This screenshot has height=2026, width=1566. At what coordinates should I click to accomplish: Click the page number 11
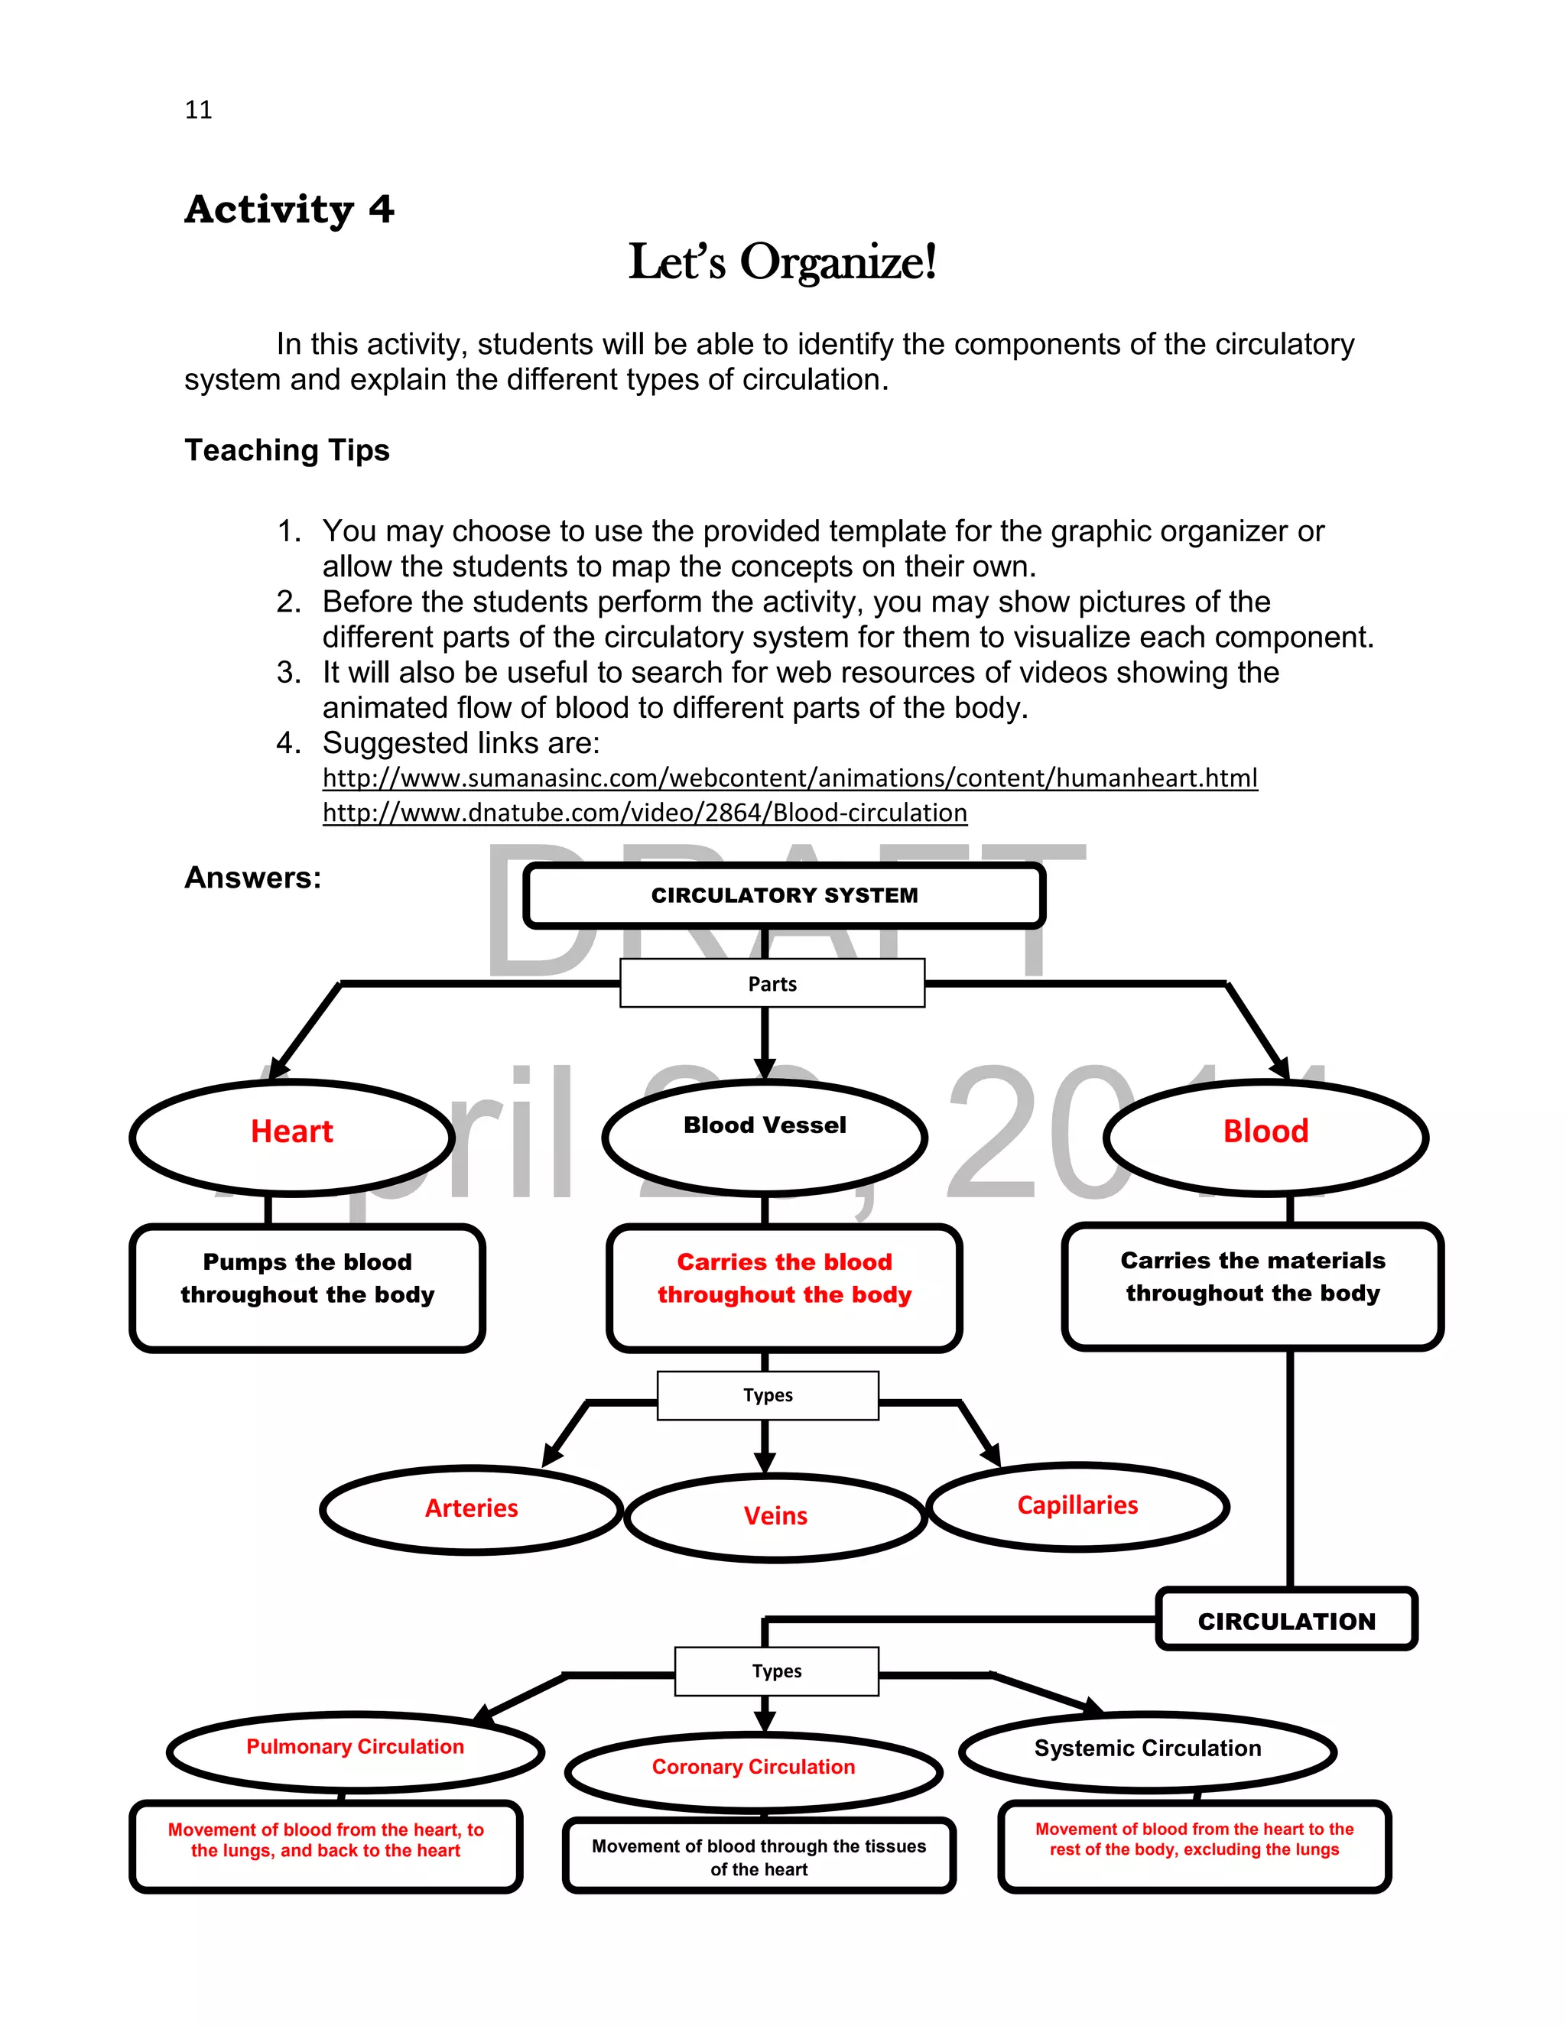point(199,109)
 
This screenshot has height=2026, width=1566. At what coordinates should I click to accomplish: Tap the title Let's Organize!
point(782,261)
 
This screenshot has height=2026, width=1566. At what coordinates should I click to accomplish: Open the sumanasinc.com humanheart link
point(789,778)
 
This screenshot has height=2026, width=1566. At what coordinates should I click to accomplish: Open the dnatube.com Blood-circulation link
point(645,813)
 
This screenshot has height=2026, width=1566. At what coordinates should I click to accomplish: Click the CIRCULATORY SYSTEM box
point(784,895)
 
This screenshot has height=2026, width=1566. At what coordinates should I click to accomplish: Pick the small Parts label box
point(772,983)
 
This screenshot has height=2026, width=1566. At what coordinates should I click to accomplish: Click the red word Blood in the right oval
point(1265,1132)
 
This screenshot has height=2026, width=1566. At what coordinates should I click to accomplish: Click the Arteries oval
point(471,1508)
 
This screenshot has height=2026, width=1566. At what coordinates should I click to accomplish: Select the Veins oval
point(775,1516)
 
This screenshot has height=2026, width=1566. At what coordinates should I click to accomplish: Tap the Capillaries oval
point(1077,1505)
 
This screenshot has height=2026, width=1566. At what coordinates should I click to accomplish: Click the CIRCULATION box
point(1286,1622)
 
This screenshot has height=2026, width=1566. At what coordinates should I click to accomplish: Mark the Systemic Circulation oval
point(1148,1748)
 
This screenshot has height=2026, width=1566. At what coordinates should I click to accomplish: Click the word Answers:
point(252,878)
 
